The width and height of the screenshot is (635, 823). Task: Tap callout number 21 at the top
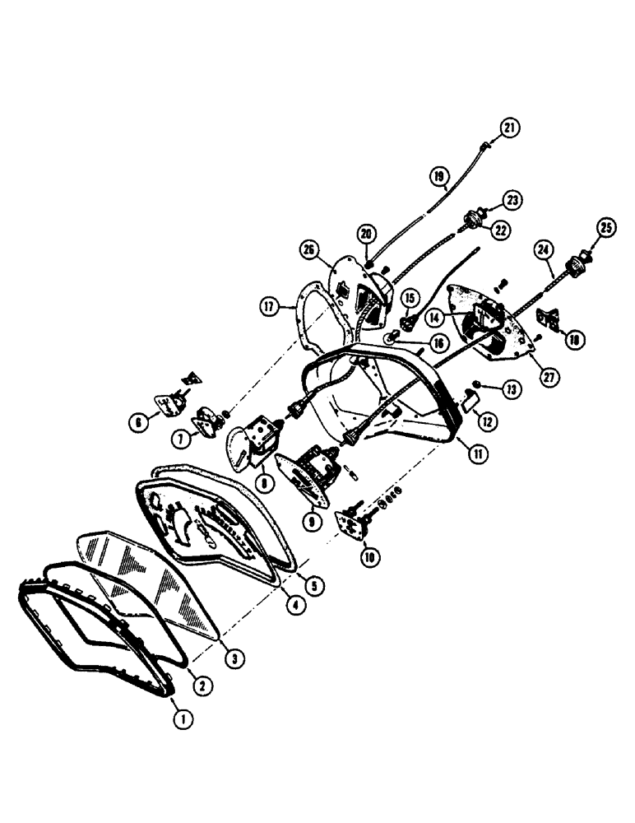coord(511,128)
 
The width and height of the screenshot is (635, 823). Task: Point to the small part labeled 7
coord(203,422)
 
